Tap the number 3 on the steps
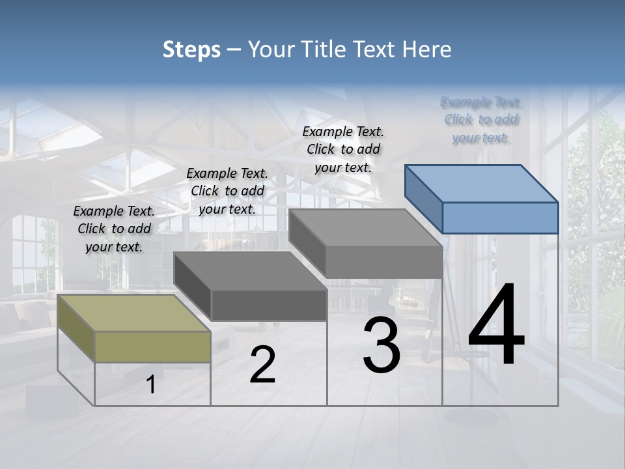[382, 345]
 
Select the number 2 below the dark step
[262, 365]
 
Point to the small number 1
[151, 385]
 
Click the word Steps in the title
[191, 50]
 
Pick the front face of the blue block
[500, 218]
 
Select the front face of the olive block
[152, 347]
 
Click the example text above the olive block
[114, 229]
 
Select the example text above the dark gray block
[227, 191]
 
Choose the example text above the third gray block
[343, 149]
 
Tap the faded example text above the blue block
[481, 119]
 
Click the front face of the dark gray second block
[269, 305]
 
